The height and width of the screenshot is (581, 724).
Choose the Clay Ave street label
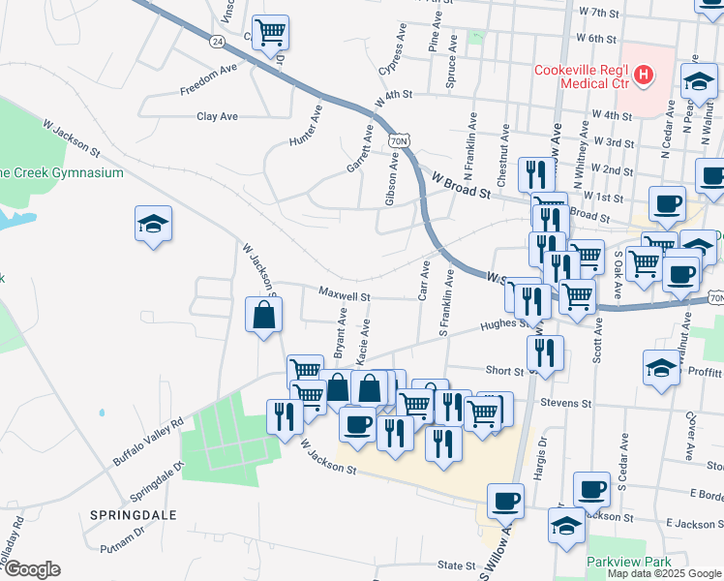click(x=217, y=116)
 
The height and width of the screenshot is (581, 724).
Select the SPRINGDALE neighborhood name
click(x=135, y=515)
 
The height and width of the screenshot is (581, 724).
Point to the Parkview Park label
click(x=628, y=562)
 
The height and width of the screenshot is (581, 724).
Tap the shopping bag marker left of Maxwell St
click(x=263, y=315)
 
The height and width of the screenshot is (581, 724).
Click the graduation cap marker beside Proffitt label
click(x=662, y=368)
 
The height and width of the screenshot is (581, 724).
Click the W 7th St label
click(x=597, y=13)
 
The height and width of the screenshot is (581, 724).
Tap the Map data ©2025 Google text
click(x=665, y=572)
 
